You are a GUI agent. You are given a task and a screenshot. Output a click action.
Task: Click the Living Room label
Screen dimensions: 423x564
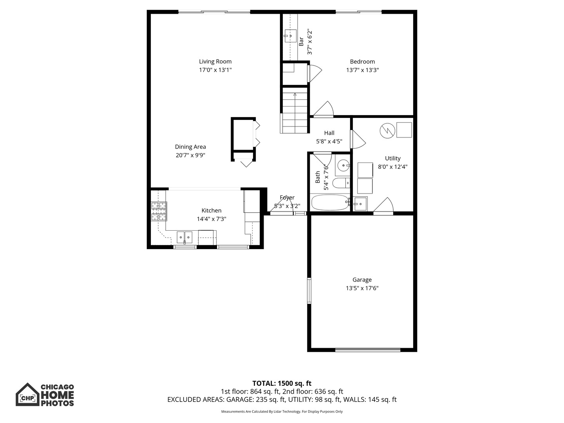[x=215, y=61]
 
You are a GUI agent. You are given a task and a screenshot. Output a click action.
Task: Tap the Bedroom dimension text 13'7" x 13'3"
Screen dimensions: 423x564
[x=362, y=70]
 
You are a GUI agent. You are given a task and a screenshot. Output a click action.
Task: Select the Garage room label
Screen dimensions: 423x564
[x=362, y=280]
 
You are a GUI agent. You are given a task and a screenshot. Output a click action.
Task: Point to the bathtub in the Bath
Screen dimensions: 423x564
[x=329, y=202]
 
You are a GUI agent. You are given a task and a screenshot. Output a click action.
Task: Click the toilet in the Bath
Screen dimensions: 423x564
[x=341, y=183]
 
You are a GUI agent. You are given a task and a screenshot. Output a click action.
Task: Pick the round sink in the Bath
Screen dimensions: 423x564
[x=343, y=166]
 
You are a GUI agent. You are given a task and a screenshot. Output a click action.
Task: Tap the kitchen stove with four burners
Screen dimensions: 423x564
[x=159, y=212]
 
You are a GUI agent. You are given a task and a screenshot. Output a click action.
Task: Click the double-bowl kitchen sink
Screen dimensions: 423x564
[x=184, y=237]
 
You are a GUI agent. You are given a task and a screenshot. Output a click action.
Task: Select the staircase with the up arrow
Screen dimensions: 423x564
[x=295, y=112]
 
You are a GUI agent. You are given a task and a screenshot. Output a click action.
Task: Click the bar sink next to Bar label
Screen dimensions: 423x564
[x=290, y=36]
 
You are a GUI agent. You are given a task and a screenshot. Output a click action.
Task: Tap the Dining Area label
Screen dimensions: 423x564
[x=190, y=147]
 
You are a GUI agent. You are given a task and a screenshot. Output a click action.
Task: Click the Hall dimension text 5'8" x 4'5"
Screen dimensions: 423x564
[x=329, y=141]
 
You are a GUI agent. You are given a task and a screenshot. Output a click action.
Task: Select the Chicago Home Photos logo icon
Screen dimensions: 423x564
[x=27, y=395]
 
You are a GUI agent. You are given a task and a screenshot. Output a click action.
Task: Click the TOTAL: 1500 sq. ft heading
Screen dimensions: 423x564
[x=282, y=383]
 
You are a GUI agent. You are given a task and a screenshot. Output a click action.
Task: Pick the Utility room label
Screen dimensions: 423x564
[x=392, y=158]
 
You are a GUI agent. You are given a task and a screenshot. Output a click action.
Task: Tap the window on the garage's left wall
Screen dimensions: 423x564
[x=309, y=291]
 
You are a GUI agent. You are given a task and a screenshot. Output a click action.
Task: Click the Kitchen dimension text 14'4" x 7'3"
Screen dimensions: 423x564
[x=211, y=219]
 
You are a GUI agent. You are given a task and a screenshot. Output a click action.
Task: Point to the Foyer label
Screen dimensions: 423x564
[x=287, y=197]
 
